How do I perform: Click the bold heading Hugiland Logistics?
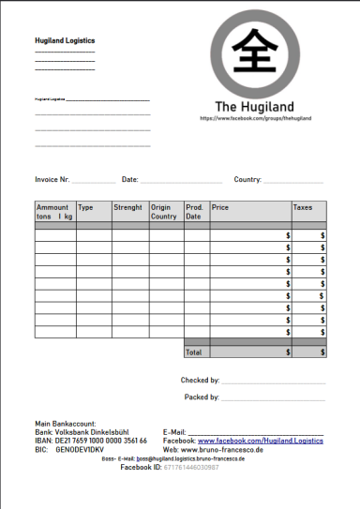click(64, 41)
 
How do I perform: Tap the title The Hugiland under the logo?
click(255, 106)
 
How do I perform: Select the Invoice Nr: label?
click(52, 179)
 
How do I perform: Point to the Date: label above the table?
click(130, 179)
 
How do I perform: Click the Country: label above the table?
click(247, 179)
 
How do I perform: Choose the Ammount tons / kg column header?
click(54, 212)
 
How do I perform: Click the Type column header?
click(86, 207)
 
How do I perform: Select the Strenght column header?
click(127, 207)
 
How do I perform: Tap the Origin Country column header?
click(164, 212)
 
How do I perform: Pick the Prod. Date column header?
click(195, 212)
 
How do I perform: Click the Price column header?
click(220, 207)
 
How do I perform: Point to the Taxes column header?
click(304, 207)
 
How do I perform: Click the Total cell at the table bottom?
click(194, 352)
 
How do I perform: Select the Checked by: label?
click(200, 381)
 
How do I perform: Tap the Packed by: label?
click(201, 397)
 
